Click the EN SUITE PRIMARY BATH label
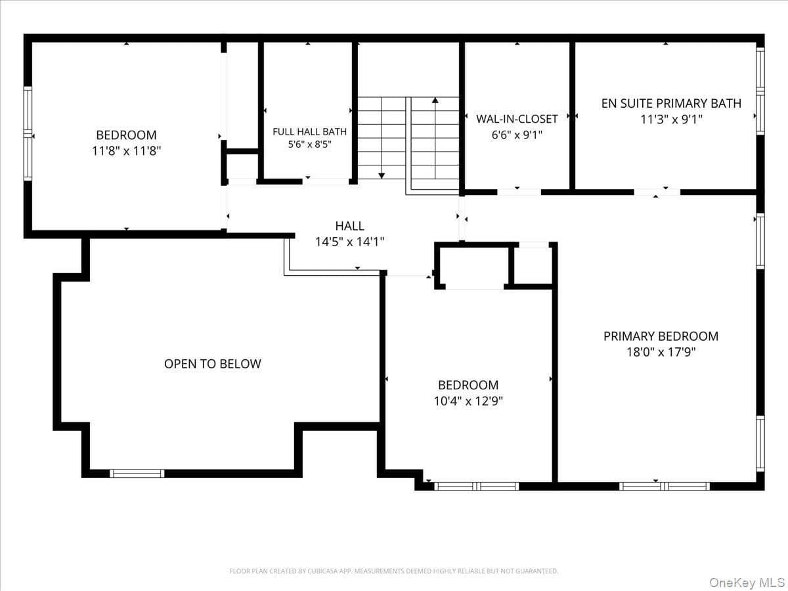[x=671, y=103]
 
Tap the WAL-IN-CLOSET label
[x=517, y=119]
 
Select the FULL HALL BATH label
[x=309, y=132]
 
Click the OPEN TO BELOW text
[x=213, y=364]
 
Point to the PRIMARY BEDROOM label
[x=661, y=336]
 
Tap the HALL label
[x=349, y=226]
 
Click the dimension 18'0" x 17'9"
[x=661, y=352]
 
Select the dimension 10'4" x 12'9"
[x=468, y=401]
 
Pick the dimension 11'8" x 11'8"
[x=126, y=151]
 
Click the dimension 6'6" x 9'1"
[x=517, y=135]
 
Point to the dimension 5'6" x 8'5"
[x=309, y=144]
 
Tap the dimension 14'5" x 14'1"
[x=349, y=242]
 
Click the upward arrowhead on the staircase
[x=435, y=100]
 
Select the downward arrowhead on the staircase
[x=382, y=175]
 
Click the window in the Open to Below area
[x=137, y=473]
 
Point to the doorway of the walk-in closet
[x=519, y=192]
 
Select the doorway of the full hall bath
[x=326, y=181]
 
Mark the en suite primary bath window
[x=760, y=91]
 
